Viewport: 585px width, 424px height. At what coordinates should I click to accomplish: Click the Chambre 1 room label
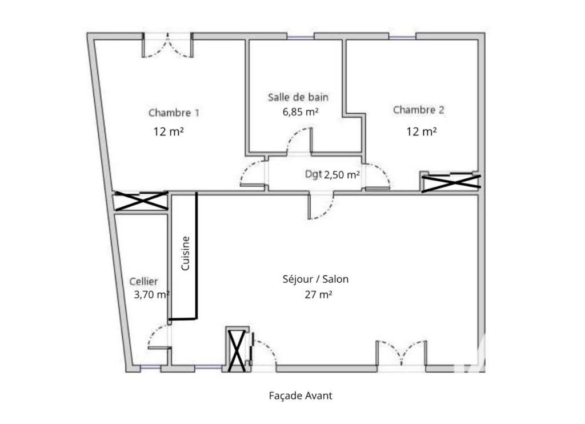coord(174,113)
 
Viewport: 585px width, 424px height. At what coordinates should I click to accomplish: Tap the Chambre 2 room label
coord(419,110)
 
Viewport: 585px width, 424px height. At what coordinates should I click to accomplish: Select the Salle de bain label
coord(298,97)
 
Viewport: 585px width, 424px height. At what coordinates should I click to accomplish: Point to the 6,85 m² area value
coord(300,111)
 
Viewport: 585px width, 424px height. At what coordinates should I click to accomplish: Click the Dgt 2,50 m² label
coord(332,174)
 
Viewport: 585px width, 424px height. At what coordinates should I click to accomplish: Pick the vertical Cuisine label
coord(186,254)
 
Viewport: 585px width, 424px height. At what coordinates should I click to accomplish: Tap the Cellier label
coord(143,281)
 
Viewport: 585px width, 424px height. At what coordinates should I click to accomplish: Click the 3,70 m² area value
coord(152,294)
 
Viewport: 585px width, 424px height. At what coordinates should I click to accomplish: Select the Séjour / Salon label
coord(315,279)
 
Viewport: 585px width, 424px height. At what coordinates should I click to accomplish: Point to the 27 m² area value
coord(319,294)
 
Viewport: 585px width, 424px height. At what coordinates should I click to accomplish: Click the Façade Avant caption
coord(300,395)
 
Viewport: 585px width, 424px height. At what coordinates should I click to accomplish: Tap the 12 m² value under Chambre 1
coord(169,131)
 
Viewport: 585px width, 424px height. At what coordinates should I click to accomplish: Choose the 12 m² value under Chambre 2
coord(422,131)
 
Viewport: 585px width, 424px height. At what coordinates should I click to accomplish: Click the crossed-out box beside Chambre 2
coord(451,182)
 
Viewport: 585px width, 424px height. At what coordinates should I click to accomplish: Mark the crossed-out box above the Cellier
coord(142,201)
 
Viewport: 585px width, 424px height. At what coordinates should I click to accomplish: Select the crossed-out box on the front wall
coord(237,350)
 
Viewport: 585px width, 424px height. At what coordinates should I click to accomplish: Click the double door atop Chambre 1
coord(167,45)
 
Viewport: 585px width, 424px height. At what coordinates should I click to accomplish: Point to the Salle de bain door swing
coord(299,141)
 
